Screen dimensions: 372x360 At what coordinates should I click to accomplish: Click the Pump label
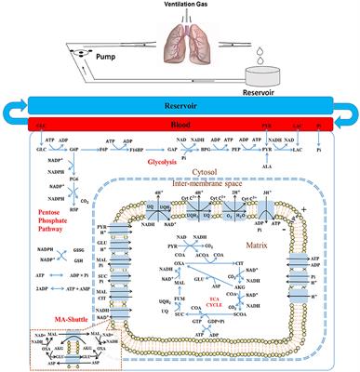[x=110, y=57]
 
